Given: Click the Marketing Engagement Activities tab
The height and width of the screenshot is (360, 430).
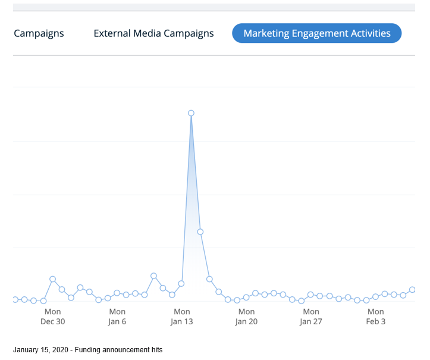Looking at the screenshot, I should point(317,33).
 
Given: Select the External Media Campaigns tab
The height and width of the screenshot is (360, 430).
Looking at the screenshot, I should point(153,33).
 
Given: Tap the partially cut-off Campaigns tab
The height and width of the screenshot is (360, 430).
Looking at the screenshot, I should point(38,33).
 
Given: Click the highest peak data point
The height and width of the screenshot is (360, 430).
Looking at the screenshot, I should point(191,113).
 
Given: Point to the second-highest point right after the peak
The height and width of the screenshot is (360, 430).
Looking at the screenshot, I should point(200,231).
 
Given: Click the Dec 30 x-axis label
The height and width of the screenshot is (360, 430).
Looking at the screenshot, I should point(52,317).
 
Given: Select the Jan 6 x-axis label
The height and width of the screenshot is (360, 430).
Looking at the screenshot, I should point(117,317).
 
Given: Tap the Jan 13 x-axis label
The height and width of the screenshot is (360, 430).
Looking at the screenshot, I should point(182,317).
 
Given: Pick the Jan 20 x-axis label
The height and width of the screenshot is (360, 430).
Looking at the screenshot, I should point(246,317).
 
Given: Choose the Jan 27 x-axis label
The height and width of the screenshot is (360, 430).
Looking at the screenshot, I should point(311,317).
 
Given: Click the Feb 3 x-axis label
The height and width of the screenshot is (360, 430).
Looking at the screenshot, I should point(375,317).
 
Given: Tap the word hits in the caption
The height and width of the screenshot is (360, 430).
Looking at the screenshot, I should point(156,350).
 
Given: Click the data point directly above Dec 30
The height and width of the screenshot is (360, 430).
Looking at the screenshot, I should point(52,279).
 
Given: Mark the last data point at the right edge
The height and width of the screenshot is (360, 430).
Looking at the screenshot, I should point(412,290).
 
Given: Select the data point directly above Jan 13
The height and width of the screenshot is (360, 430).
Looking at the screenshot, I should point(181,284).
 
